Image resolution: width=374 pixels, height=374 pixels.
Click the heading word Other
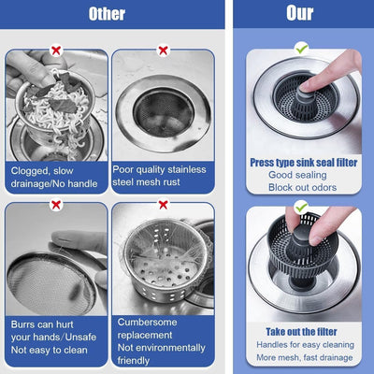pos(107,14)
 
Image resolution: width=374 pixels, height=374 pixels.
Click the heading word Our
pos(300,14)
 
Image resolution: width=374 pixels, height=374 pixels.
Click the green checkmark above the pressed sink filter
pos(301,48)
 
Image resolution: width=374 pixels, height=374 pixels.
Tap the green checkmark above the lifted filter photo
pos(301,206)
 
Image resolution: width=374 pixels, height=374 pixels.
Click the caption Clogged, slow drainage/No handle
pos(53,178)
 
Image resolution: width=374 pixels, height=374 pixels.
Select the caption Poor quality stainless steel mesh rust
pos(162,178)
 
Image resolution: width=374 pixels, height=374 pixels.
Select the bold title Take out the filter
pos(301,331)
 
